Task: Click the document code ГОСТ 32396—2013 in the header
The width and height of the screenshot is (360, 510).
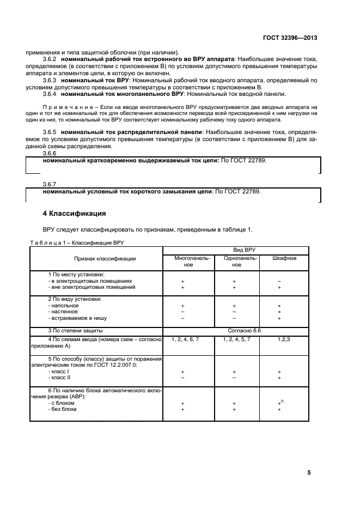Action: pos(290,38)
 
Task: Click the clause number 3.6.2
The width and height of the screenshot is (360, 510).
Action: pos(50,58)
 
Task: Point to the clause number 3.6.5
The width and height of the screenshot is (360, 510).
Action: pos(50,132)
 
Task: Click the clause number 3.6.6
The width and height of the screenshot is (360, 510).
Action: pos(50,154)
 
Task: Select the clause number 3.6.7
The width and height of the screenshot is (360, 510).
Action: pos(50,185)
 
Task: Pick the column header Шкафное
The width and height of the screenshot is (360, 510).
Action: pos(284,258)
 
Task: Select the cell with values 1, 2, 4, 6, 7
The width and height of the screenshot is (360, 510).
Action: pos(185,339)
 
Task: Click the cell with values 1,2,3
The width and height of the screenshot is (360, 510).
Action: pos(284,339)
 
